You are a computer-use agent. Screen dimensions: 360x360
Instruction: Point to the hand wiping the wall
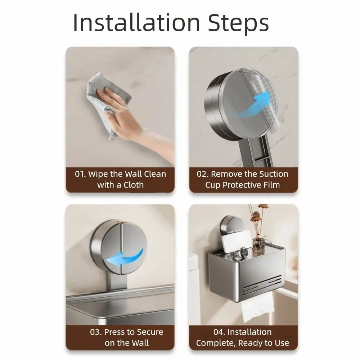pyautogui.click(x=122, y=112)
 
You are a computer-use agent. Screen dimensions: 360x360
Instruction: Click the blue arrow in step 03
pyautogui.click(x=128, y=257)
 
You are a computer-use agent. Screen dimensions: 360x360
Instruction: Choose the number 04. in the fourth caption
pyautogui.click(x=219, y=332)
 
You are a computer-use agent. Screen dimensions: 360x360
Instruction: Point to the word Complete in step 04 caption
pyautogui.click(x=215, y=343)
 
